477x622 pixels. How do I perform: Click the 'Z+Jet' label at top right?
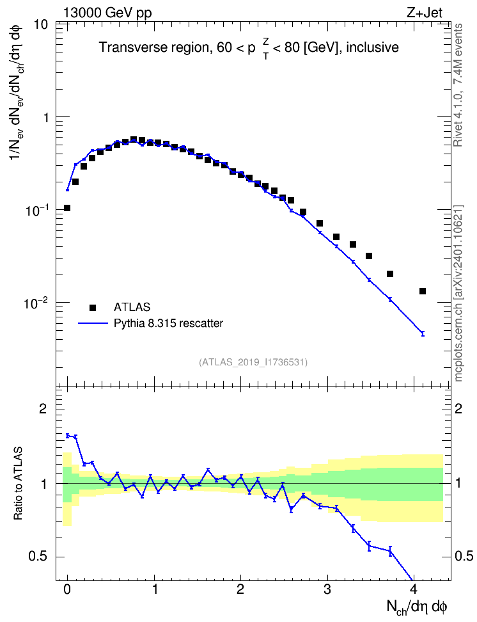pos(425,13)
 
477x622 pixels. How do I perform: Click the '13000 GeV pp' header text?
pos(107,13)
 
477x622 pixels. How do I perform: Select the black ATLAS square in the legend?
pos(93,307)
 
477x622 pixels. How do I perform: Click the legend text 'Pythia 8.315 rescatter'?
pos(168,323)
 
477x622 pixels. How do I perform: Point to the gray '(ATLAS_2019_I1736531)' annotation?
pos(253,362)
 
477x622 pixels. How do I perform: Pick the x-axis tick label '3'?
pos(327,589)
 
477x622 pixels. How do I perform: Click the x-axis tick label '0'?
pos(67,589)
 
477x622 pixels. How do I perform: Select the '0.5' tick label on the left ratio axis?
pos(38,557)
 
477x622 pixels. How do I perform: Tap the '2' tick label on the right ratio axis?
pos(458,408)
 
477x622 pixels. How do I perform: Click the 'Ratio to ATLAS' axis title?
pos(18,484)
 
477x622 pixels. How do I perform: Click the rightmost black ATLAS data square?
pos(423,291)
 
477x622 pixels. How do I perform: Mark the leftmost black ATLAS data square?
pos(67,208)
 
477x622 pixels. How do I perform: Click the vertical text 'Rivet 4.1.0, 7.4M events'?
pos(458,85)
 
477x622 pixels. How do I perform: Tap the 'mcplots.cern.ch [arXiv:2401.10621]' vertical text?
pos(458,294)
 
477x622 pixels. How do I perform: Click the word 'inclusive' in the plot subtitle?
pos(372,47)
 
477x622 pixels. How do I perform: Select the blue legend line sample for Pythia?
pos(93,323)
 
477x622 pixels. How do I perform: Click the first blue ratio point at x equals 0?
pos(67,436)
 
